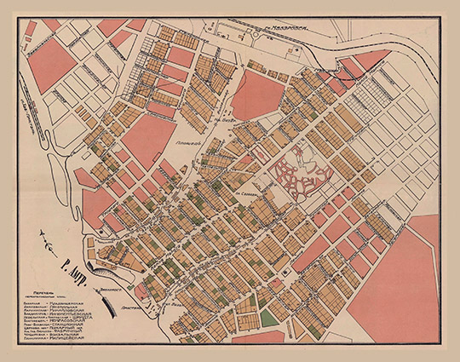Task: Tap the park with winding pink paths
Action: (x=298, y=175)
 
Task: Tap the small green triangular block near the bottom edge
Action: (x=269, y=318)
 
